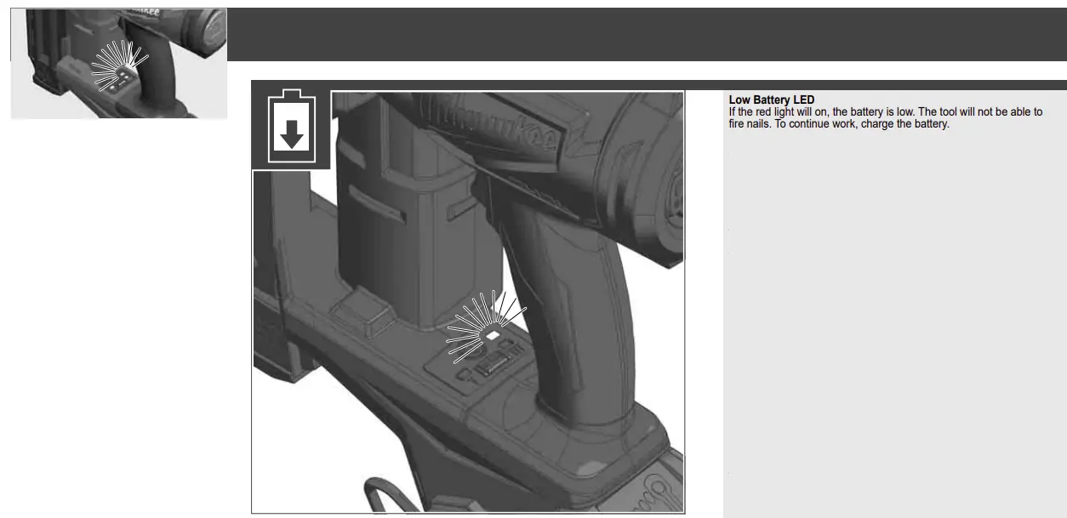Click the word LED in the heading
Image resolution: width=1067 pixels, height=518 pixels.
[x=803, y=100]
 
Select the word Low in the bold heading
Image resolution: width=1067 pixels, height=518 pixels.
[x=739, y=100]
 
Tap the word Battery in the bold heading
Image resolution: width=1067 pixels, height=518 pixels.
[x=772, y=100]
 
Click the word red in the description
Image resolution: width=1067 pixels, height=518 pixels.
[x=766, y=112]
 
